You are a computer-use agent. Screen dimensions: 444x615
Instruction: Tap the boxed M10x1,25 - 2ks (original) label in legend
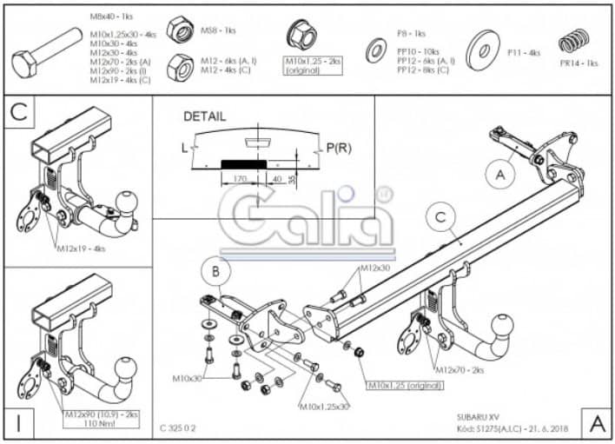click(314, 66)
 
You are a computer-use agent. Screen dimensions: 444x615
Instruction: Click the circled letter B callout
click(215, 272)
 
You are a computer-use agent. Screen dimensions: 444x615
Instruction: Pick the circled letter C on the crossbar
click(440, 218)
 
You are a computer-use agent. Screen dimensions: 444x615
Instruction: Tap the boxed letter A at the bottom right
click(597, 422)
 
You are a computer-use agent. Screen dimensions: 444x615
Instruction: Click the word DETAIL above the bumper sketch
click(204, 116)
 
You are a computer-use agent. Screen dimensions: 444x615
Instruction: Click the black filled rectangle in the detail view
click(244, 162)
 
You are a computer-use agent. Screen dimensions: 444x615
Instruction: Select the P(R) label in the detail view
click(337, 149)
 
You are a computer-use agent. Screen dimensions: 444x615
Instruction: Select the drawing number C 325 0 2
click(180, 427)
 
